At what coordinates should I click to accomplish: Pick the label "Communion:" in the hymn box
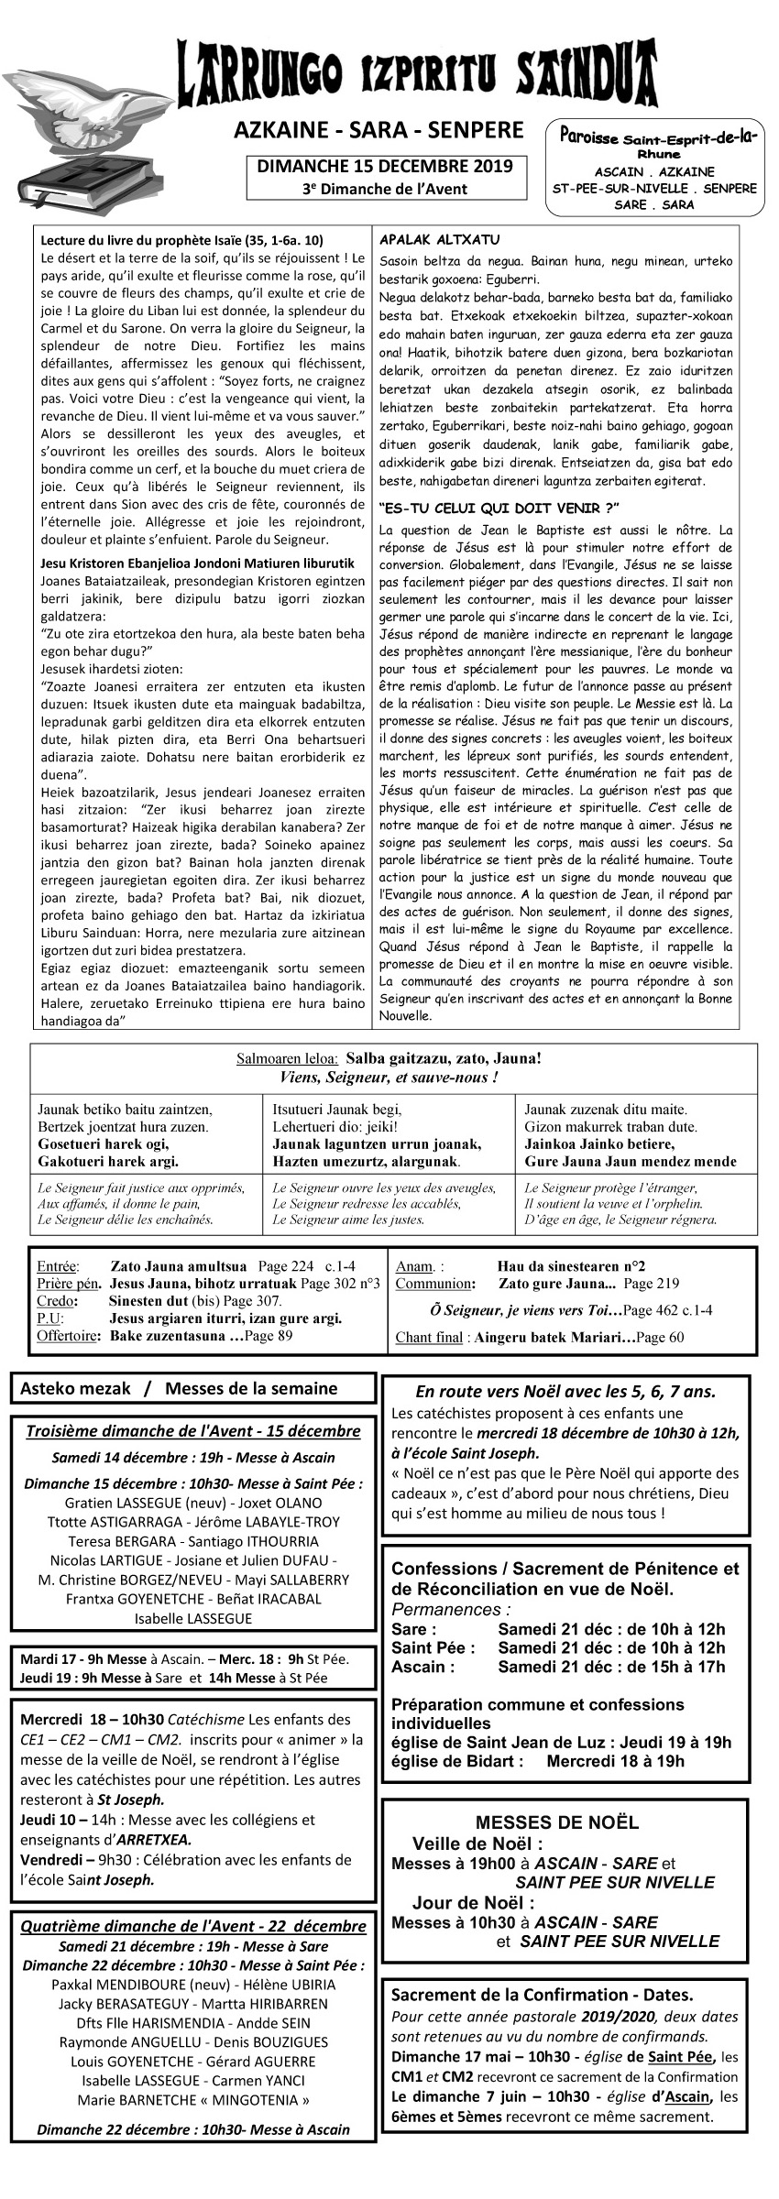coord(434,1284)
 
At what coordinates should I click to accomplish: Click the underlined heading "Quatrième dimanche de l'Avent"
coord(192,1926)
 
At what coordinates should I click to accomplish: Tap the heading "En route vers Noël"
coord(565,1391)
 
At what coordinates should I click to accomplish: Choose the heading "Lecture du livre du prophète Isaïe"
coord(181,240)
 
